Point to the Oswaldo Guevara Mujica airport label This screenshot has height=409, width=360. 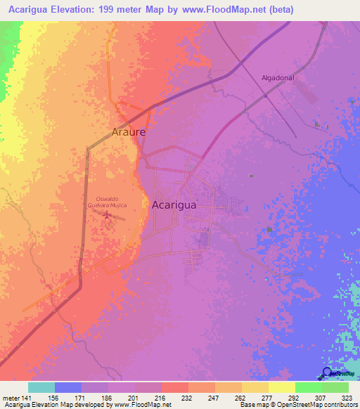(105, 200)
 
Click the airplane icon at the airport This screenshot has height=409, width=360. (107, 215)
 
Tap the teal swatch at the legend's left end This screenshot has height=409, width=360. (41, 387)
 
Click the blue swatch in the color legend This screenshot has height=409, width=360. (68, 387)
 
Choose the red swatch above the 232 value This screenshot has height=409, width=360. (175, 387)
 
